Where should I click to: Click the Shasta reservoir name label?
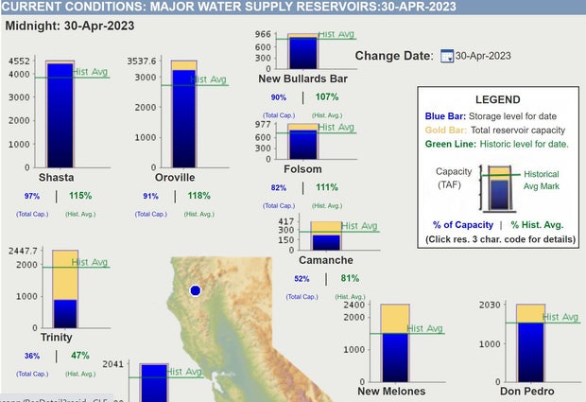point(56,177)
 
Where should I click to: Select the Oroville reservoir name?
point(175,177)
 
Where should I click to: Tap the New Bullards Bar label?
point(298,78)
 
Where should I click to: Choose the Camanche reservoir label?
point(326,259)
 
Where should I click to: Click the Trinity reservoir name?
point(56,337)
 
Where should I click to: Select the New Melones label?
point(391,391)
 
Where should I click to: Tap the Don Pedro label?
point(526,391)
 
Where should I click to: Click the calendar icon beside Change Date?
point(446,56)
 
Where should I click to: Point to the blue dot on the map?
point(196,290)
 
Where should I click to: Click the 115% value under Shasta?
point(80,196)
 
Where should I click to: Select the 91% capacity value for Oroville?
point(150,196)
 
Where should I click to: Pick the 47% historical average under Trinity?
point(79,356)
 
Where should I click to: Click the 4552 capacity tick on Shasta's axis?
point(18,61)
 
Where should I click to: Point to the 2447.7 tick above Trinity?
point(25,253)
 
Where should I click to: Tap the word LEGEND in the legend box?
point(496,99)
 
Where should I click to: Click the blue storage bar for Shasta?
point(60,114)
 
